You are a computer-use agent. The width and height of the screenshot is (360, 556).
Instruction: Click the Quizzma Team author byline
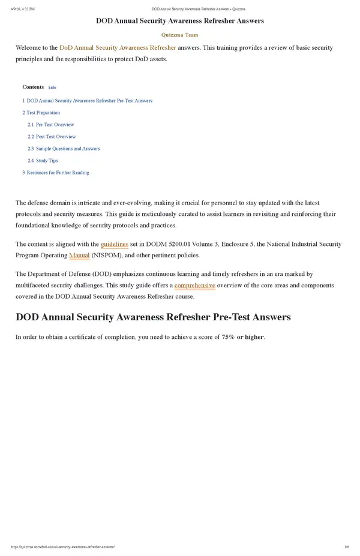point(179,35)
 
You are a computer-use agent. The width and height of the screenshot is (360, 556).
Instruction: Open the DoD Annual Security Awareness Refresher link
point(118,47)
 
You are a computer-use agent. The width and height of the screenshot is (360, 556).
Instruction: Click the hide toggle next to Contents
point(52,88)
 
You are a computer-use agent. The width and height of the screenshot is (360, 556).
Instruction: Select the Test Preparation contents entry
point(42,113)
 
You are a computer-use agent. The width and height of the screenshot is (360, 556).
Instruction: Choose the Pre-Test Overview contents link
point(54,125)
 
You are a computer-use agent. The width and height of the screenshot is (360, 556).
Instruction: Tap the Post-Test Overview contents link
point(55,137)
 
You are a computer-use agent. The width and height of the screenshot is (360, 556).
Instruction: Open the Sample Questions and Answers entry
point(67,149)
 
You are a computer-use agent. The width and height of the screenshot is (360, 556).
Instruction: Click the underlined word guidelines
point(114,244)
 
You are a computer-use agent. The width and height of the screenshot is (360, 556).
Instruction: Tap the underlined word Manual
point(79,256)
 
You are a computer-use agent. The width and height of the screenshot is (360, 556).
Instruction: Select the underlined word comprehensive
point(194,285)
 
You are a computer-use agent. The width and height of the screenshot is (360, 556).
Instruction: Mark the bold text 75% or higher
point(242,337)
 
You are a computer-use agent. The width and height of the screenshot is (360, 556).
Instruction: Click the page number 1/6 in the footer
point(347,547)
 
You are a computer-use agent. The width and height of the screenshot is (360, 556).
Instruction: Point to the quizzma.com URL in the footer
point(62,547)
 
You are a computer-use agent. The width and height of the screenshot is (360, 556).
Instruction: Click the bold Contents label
point(33,87)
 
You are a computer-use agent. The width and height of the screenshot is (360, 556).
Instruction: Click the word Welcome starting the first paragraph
point(28,47)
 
